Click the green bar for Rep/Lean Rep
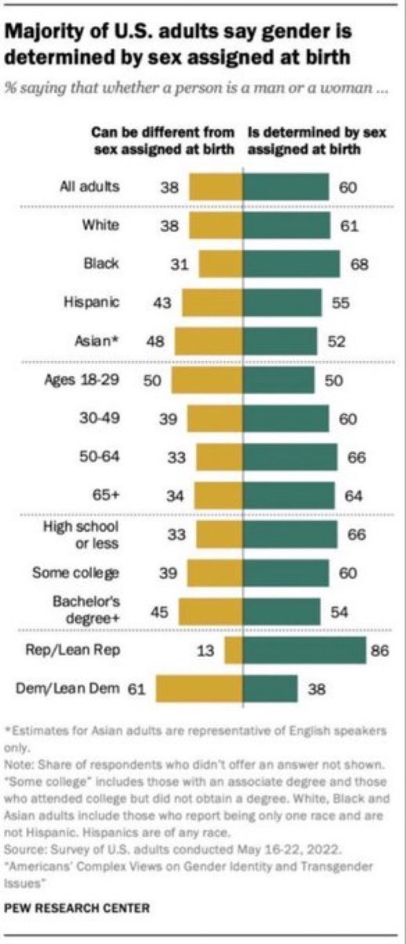304,650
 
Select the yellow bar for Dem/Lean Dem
199,688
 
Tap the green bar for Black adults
291,264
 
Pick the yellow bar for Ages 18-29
207,380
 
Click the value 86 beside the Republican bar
379,651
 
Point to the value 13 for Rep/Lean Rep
205,651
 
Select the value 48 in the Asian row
155,341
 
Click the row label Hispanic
91,302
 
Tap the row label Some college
76,573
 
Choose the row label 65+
105,495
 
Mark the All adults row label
90,186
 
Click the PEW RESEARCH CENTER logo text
77,908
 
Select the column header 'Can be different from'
163,132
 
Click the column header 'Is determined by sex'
317,132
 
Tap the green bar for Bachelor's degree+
282,611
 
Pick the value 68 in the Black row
360,264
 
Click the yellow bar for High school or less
220,534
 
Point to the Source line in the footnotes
172,849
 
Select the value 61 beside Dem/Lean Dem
136,689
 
